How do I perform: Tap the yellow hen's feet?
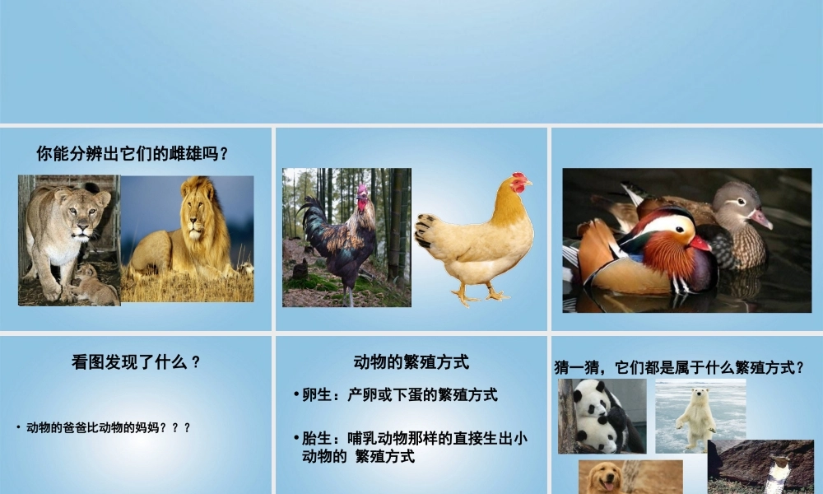click(x=480, y=295)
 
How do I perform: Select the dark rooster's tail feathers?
click(x=314, y=221)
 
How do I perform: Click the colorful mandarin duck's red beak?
click(x=700, y=243)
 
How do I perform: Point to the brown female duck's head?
click(x=736, y=200)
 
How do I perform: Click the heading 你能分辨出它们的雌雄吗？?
click(x=132, y=153)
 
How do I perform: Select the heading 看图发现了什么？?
click(x=136, y=362)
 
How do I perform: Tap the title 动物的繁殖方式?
click(x=411, y=361)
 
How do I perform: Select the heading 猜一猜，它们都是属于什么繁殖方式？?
click(x=679, y=368)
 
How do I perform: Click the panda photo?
click(x=601, y=416)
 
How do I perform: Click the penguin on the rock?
click(x=777, y=473)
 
